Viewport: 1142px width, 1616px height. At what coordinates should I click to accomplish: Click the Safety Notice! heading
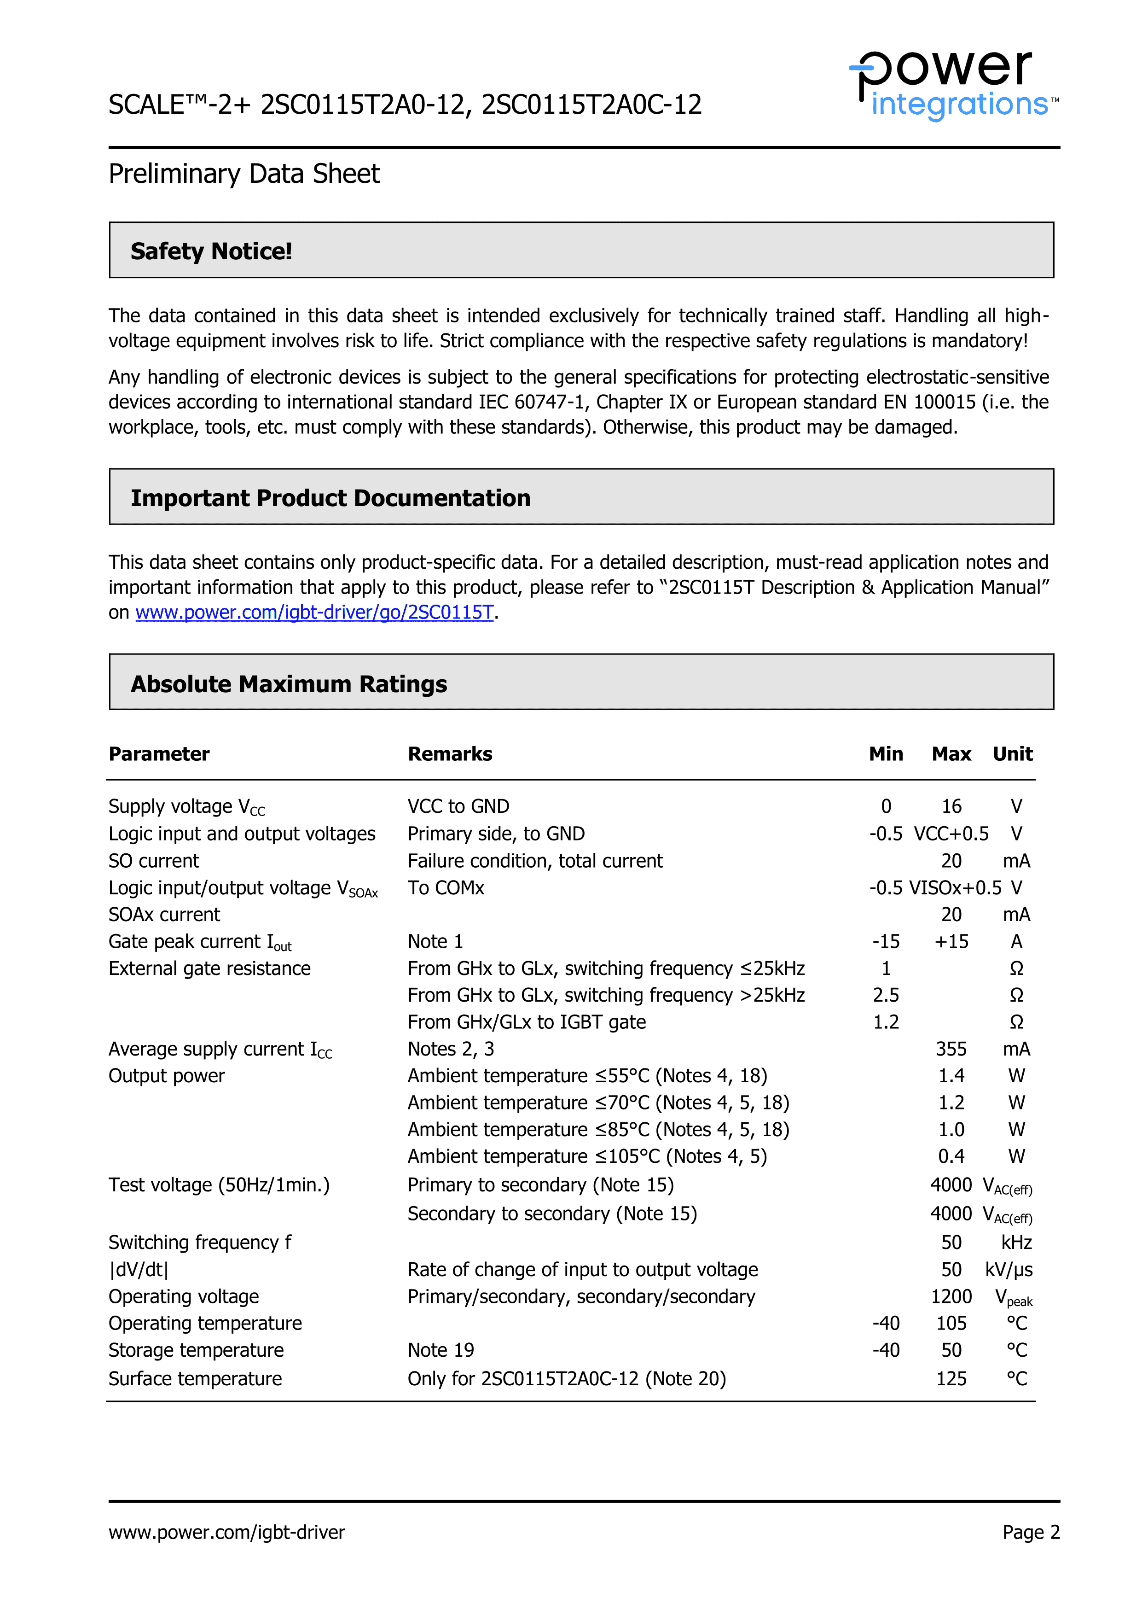click(211, 251)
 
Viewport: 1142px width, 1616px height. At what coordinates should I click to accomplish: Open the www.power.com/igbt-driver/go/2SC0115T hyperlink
click(314, 613)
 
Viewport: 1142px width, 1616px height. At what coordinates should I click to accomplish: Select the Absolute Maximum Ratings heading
click(289, 684)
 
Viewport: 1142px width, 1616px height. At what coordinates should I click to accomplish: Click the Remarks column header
click(450, 754)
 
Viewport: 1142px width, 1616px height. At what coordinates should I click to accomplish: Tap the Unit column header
click(1012, 754)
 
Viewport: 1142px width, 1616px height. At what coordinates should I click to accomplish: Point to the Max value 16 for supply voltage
click(951, 806)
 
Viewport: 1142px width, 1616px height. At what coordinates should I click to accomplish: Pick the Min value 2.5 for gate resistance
click(886, 995)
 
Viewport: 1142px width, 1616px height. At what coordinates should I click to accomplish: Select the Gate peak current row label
click(199, 942)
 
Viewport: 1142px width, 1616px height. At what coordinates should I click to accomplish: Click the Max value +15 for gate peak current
click(951, 942)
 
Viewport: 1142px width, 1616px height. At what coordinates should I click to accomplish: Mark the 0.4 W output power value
click(951, 1156)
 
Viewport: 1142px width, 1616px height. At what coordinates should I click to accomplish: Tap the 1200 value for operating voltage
click(951, 1296)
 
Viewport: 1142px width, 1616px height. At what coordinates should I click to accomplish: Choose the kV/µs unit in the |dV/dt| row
click(1009, 1270)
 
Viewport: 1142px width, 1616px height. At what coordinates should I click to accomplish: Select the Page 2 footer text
click(1031, 1532)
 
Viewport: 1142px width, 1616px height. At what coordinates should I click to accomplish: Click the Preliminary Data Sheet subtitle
click(243, 174)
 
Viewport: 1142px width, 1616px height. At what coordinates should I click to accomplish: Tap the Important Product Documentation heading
click(330, 498)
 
